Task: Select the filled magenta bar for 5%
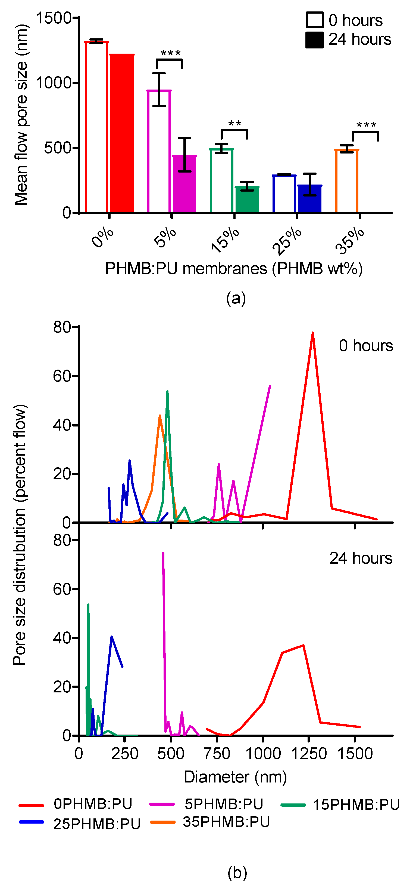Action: (x=184, y=184)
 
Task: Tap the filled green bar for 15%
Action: (x=247, y=200)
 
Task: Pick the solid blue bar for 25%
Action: (x=309, y=199)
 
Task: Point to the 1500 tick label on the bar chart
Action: (x=53, y=18)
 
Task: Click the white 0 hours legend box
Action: (x=314, y=20)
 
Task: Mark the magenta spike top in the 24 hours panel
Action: (x=163, y=553)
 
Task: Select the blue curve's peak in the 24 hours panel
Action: (x=111, y=637)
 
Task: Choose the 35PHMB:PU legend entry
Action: (x=226, y=822)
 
